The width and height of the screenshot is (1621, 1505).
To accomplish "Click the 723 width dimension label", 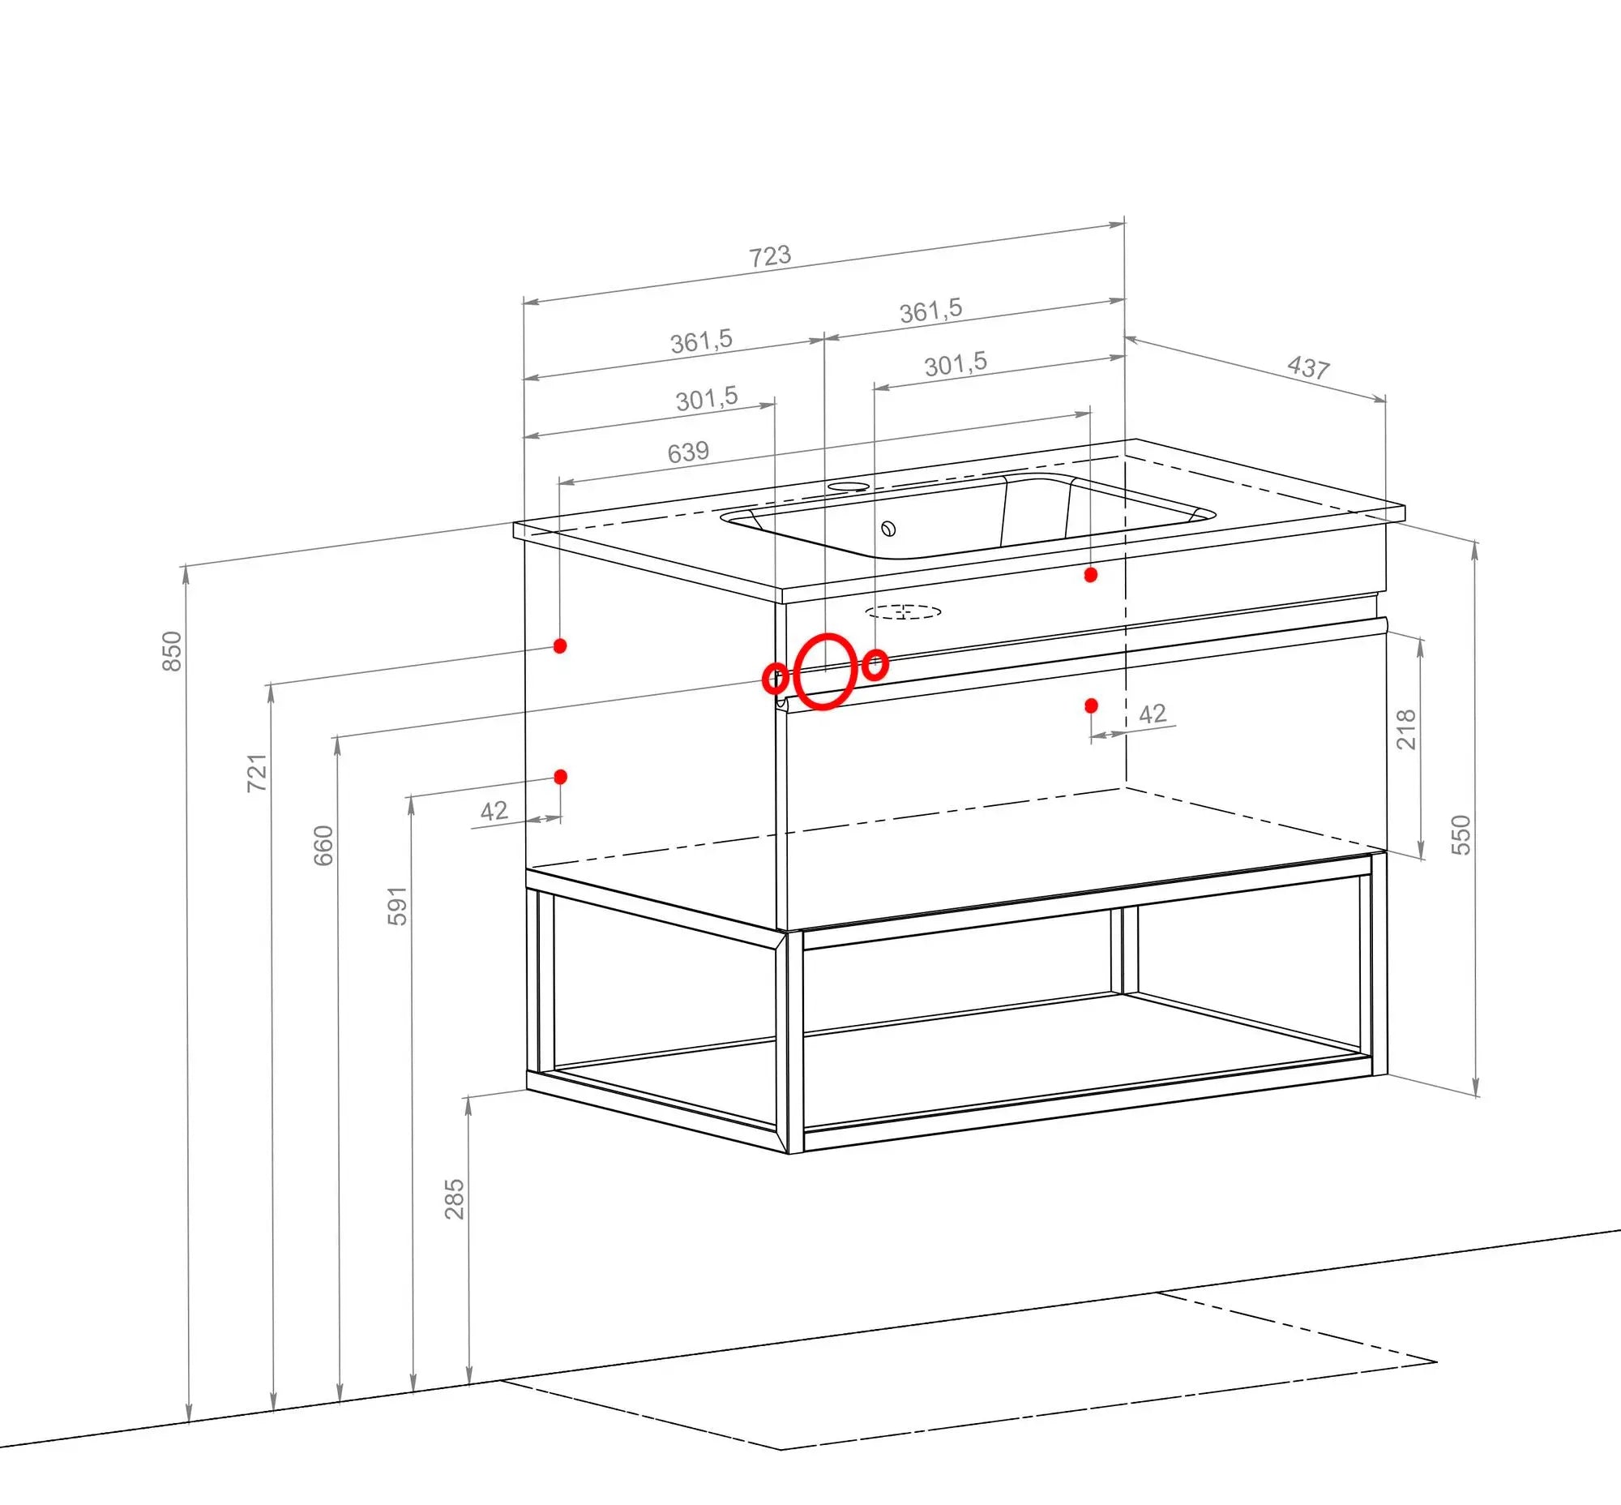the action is tap(770, 255).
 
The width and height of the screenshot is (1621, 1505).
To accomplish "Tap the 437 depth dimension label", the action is tap(1308, 367).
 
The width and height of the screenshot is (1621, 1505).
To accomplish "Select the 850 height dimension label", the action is tap(172, 650).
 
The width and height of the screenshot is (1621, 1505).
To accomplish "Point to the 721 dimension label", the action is tap(256, 773).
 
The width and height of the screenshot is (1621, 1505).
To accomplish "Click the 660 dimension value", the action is tap(323, 845).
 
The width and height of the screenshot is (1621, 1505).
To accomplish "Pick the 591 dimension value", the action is tap(396, 906).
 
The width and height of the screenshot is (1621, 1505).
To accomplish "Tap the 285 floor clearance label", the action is tap(455, 1198).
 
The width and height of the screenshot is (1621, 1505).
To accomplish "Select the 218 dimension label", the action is tap(1406, 729).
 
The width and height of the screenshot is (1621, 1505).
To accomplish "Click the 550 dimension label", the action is tap(1461, 834).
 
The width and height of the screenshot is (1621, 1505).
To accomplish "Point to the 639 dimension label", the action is tap(688, 452).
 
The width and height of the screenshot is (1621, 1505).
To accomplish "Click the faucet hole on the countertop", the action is tap(849, 487).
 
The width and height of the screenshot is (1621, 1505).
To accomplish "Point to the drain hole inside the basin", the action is tap(888, 529).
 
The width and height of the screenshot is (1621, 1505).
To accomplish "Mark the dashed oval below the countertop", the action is tap(903, 611).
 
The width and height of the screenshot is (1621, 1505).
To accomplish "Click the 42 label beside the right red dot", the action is tap(1152, 714).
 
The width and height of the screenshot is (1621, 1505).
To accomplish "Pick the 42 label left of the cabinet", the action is tap(494, 810).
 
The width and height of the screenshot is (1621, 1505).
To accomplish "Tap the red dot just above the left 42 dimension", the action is tap(560, 777).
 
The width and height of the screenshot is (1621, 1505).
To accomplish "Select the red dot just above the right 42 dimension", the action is tap(1091, 705).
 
